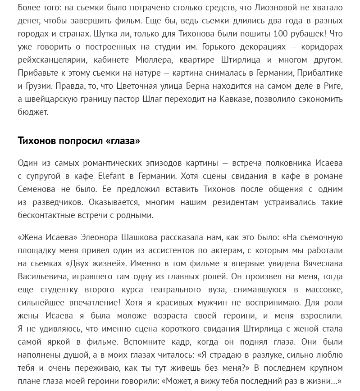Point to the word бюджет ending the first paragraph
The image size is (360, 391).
pyautogui.click(x=32, y=112)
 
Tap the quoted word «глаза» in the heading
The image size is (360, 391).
pyautogui.click(x=123, y=141)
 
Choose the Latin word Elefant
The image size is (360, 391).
pyautogui.click(x=111, y=176)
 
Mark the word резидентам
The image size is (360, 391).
pyautogui.click(x=232, y=202)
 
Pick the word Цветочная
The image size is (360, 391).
pyautogui.click(x=137, y=86)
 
